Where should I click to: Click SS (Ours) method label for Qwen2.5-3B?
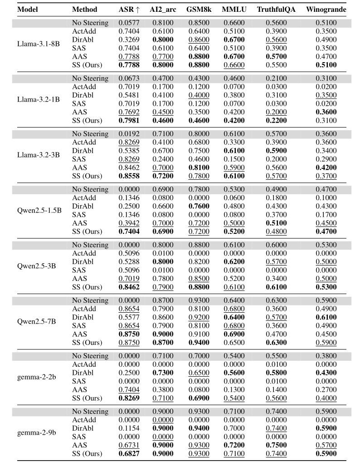[x=87, y=287]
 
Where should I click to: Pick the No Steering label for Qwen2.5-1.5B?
[x=90, y=189]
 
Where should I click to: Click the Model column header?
[x=27, y=9]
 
